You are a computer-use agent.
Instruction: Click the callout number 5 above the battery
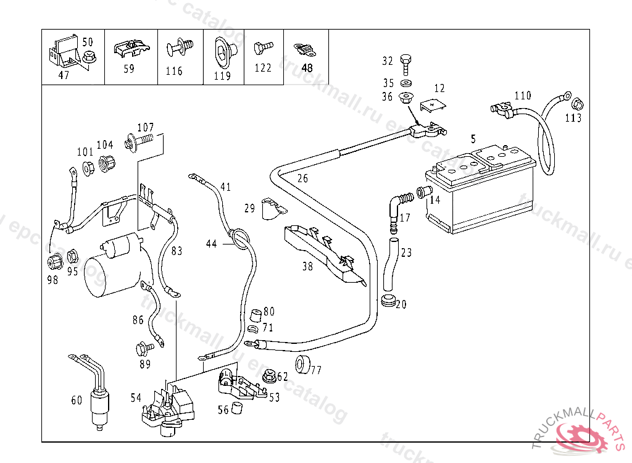(x=473, y=139)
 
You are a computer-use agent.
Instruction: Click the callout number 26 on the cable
(x=302, y=179)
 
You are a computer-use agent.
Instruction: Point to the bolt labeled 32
(x=405, y=62)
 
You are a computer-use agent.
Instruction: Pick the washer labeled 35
(x=405, y=83)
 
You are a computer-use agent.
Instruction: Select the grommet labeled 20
(x=388, y=302)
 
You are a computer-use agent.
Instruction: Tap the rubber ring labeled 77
(x=302, y=364)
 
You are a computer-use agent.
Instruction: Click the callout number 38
(x=307, y=267)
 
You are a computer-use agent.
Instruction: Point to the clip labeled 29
(x=270, y=207)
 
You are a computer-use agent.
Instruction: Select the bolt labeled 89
(x=144, y=348)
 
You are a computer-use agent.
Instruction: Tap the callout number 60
(x=77, y=400)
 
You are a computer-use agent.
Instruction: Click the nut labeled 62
(x=268, y=375)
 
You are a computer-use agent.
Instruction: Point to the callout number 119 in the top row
(x=222, y=76)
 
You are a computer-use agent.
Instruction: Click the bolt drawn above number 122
(x=263, y=47)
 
